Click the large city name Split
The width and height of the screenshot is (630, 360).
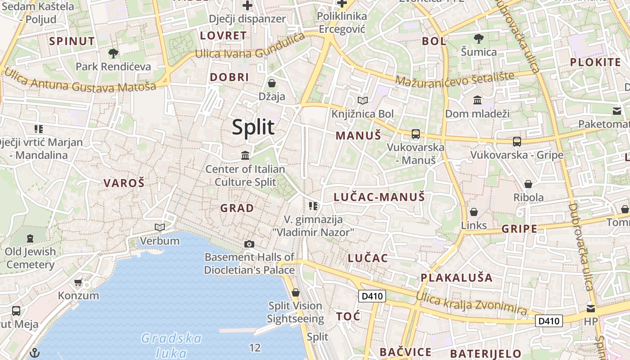pos(253,127)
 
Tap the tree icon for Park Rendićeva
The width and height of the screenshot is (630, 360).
pos(113,54)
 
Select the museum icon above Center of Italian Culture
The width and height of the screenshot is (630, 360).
pos(245,156)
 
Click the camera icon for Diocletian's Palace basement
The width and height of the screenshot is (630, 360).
pos(249,244)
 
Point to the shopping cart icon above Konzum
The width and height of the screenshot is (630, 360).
pos(78,283)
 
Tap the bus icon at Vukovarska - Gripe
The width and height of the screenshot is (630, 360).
pos(517,142)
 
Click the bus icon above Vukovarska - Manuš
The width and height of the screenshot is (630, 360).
pos(415,134)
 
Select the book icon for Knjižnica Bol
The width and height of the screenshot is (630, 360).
pos(362,101)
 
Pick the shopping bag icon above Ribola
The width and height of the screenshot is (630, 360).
pos(528,184)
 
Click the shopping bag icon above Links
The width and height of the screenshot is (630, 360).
pos(474,212)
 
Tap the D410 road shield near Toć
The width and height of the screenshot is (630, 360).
pos(372,296)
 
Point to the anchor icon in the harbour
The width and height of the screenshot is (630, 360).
pos(35,353)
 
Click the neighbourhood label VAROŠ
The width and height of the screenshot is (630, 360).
pos(124,183)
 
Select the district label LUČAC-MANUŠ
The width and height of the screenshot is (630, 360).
pos(379,197)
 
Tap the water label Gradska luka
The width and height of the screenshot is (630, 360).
pos(171,345)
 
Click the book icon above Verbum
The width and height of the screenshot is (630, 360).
pos(160,227)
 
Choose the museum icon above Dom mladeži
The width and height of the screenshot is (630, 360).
pos(477,100)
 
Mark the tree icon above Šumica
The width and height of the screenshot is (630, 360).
pos(479,38)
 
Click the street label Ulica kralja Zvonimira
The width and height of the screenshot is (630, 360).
pos(471,303)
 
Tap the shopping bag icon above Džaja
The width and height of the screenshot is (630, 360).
pos(272,83)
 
